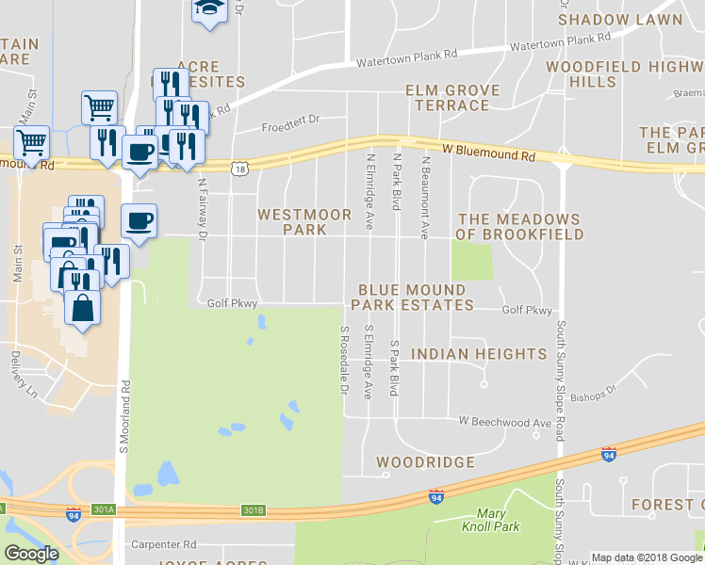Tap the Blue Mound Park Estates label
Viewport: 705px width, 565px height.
412,298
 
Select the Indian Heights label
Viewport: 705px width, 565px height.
480,354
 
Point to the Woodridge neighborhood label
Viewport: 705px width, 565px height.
425,462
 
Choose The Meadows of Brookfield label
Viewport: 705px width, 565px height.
520,226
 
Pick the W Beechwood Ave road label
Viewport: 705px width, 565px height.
504,423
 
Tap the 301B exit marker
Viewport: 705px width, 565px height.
253,510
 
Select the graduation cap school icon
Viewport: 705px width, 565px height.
208,8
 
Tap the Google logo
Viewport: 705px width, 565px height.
30,554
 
